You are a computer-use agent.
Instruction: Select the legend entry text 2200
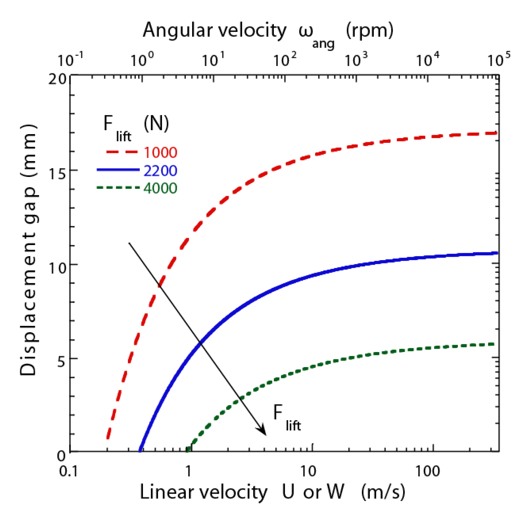[x=160, y=171]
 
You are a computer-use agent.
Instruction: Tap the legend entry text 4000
[x=160, y=188]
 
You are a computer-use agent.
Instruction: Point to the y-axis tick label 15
[x=57, y=174]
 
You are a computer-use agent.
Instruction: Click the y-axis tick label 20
[x=57, y=79]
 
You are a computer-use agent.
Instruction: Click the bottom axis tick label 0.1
[x=69, y=471]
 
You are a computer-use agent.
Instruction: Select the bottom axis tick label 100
[x=427, y=471]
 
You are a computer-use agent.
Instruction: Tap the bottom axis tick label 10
[x=308, y=471]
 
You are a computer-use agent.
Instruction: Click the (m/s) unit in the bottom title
[x=383, y=492]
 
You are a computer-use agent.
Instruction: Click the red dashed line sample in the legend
[x=122, y=152]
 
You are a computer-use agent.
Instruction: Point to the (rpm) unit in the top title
[x=369, y=30]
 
